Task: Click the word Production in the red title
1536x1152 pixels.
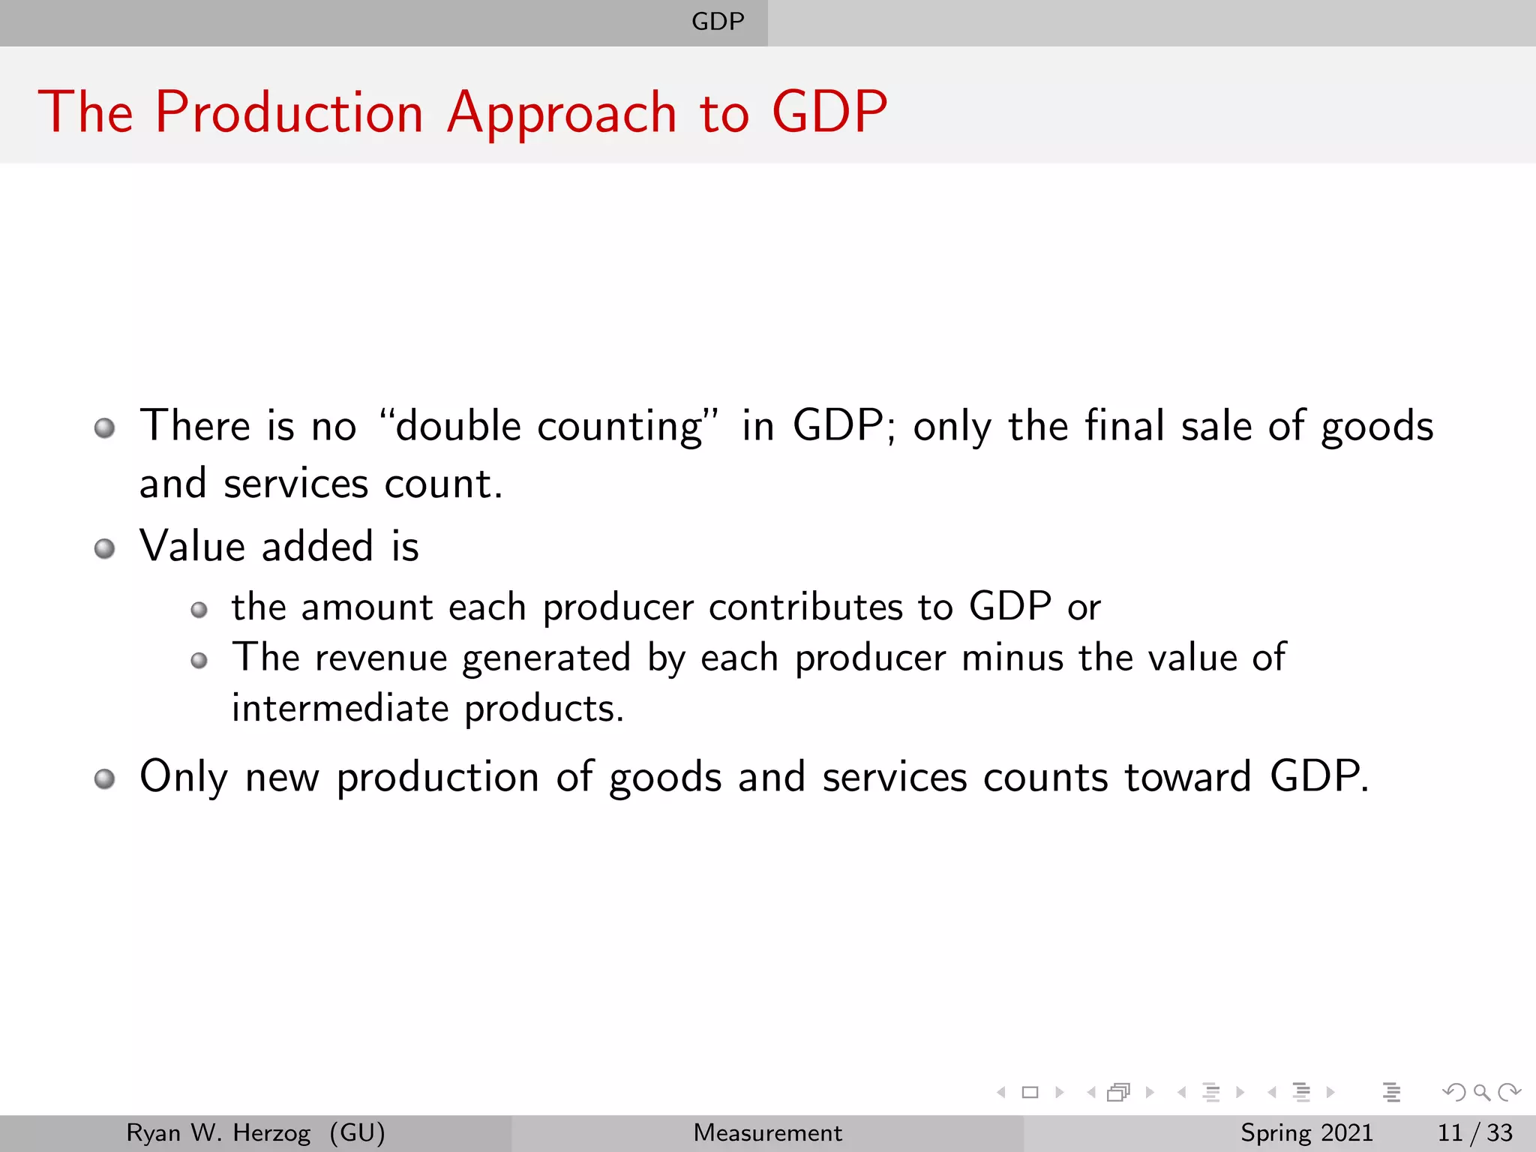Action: [x=289, y=112]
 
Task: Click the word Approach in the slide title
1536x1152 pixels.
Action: [x=562, y=112]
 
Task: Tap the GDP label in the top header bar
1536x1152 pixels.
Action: [x=718, y=22]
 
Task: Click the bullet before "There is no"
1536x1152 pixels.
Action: [x=105, y=428]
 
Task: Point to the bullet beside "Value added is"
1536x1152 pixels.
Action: [x=105, y=548]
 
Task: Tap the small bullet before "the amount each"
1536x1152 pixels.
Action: [x=199, y=610]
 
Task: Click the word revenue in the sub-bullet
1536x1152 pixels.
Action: [x=381, y=658]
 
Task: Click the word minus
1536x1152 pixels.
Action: [x=1012, y=658]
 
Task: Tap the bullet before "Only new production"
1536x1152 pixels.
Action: [x=105, y=778]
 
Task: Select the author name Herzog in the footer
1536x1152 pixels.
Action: [x=271, y=1132]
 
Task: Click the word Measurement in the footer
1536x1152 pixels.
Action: [x=767, y=1132]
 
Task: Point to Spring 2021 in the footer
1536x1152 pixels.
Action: [x=1306, y=1132]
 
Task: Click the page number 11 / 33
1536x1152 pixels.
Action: [x=1474, y=1132]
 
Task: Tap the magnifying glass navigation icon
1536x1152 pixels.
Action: [x=1481, y=1093]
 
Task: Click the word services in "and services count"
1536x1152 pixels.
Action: [x=295, y=484]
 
